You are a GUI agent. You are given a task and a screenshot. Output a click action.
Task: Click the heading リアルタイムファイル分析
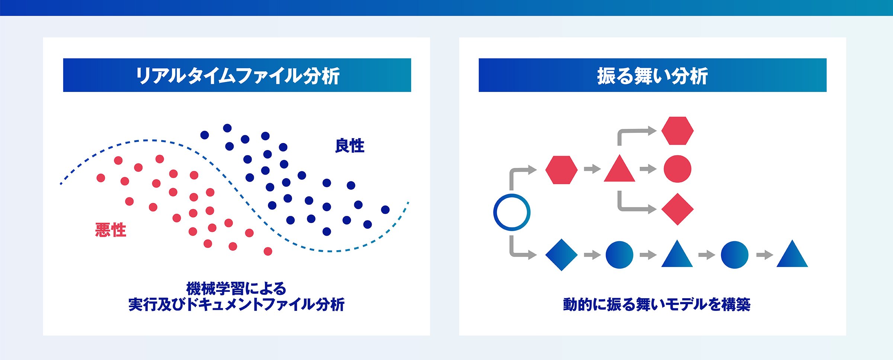(237, 76)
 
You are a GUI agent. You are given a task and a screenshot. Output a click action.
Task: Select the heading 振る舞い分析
(652, 76)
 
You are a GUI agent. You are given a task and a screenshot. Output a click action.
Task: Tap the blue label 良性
(350, 146)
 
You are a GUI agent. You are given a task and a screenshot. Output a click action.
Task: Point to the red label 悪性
(111, 230)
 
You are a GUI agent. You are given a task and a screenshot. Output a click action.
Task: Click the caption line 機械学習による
(236, 289)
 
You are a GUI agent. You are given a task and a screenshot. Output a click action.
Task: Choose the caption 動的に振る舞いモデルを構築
(657, 305)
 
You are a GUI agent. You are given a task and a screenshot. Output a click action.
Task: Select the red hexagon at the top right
(678, 131)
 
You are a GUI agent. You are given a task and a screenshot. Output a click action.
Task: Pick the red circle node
(678, 169)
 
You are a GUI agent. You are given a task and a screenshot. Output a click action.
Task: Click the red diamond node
(678, 209)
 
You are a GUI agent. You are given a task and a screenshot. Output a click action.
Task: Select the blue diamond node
(561, 255)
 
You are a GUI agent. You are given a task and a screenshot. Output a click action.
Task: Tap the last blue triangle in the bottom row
(792, 254)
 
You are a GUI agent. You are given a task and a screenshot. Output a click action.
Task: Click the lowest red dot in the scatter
(268, 251)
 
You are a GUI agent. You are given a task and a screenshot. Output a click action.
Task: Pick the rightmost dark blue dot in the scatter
(385, 210)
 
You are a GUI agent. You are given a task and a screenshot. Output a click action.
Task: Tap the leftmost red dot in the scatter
(101, 178)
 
